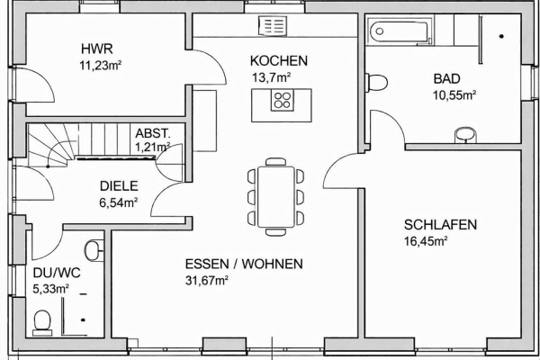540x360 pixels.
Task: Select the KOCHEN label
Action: tap(279, 61)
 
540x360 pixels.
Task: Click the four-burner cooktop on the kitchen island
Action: tap(283, 99)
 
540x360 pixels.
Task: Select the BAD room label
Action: tap(446, 78)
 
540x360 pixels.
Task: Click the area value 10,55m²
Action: tap(454, 94)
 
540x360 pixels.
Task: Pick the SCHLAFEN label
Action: tap(440, 225)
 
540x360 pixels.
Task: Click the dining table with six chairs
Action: tap(275, 194)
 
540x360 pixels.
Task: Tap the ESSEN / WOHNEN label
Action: tap(244, 265)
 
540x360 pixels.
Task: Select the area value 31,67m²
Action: tap(206, 280)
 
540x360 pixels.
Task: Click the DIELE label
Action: tap(118, 186)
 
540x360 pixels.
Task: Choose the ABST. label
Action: tap(151, 131)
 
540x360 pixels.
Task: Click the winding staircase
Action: tap(54, 147)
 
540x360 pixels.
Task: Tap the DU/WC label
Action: tap(51, 273)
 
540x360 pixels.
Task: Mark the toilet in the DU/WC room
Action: tap(41, 320)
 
